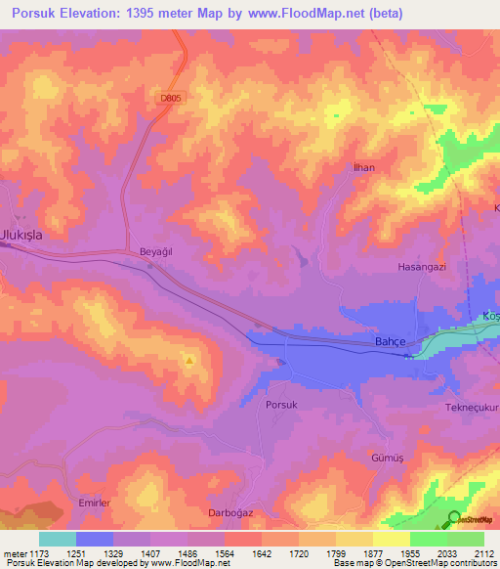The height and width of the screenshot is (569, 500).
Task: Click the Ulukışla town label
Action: [21, 236]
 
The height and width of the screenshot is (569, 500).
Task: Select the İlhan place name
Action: [362, 168]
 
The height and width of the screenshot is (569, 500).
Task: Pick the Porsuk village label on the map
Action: [281, 403]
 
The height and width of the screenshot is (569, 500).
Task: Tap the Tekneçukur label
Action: [473, 407]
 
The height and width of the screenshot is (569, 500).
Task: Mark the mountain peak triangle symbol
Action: [189, 360]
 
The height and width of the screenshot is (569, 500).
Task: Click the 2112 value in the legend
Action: [483, 552]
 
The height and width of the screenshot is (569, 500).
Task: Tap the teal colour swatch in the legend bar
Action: [58, 539]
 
